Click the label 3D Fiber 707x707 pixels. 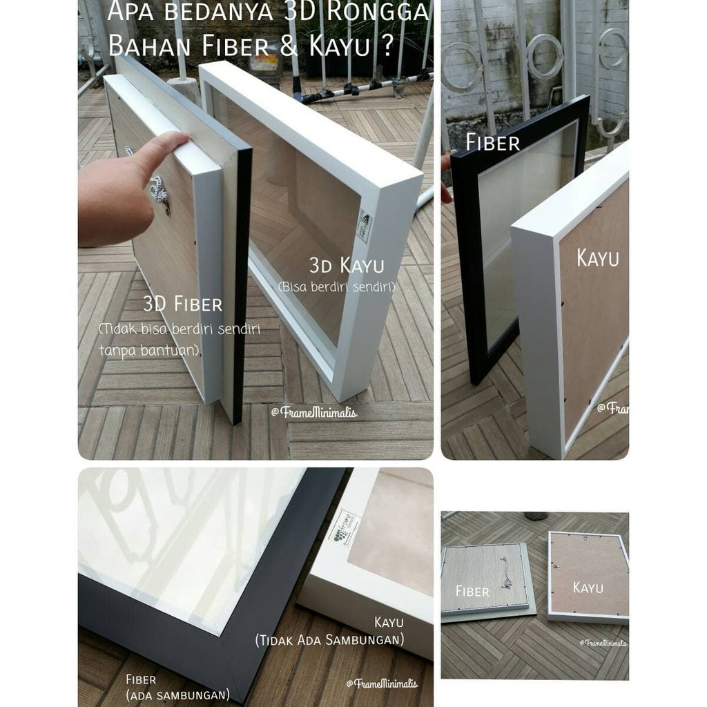[182, 304]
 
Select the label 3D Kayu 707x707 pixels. [346, 264]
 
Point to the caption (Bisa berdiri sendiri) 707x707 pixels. [336, 286]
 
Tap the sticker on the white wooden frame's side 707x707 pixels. [364, 229]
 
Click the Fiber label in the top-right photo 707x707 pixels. [492, 143]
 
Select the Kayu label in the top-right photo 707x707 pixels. [598, 258]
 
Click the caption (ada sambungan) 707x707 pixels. [177, 695]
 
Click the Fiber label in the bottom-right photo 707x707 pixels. [472, 591]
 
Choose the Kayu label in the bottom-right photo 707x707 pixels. [588, 588]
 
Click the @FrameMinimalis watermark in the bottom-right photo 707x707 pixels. [603, 642]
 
